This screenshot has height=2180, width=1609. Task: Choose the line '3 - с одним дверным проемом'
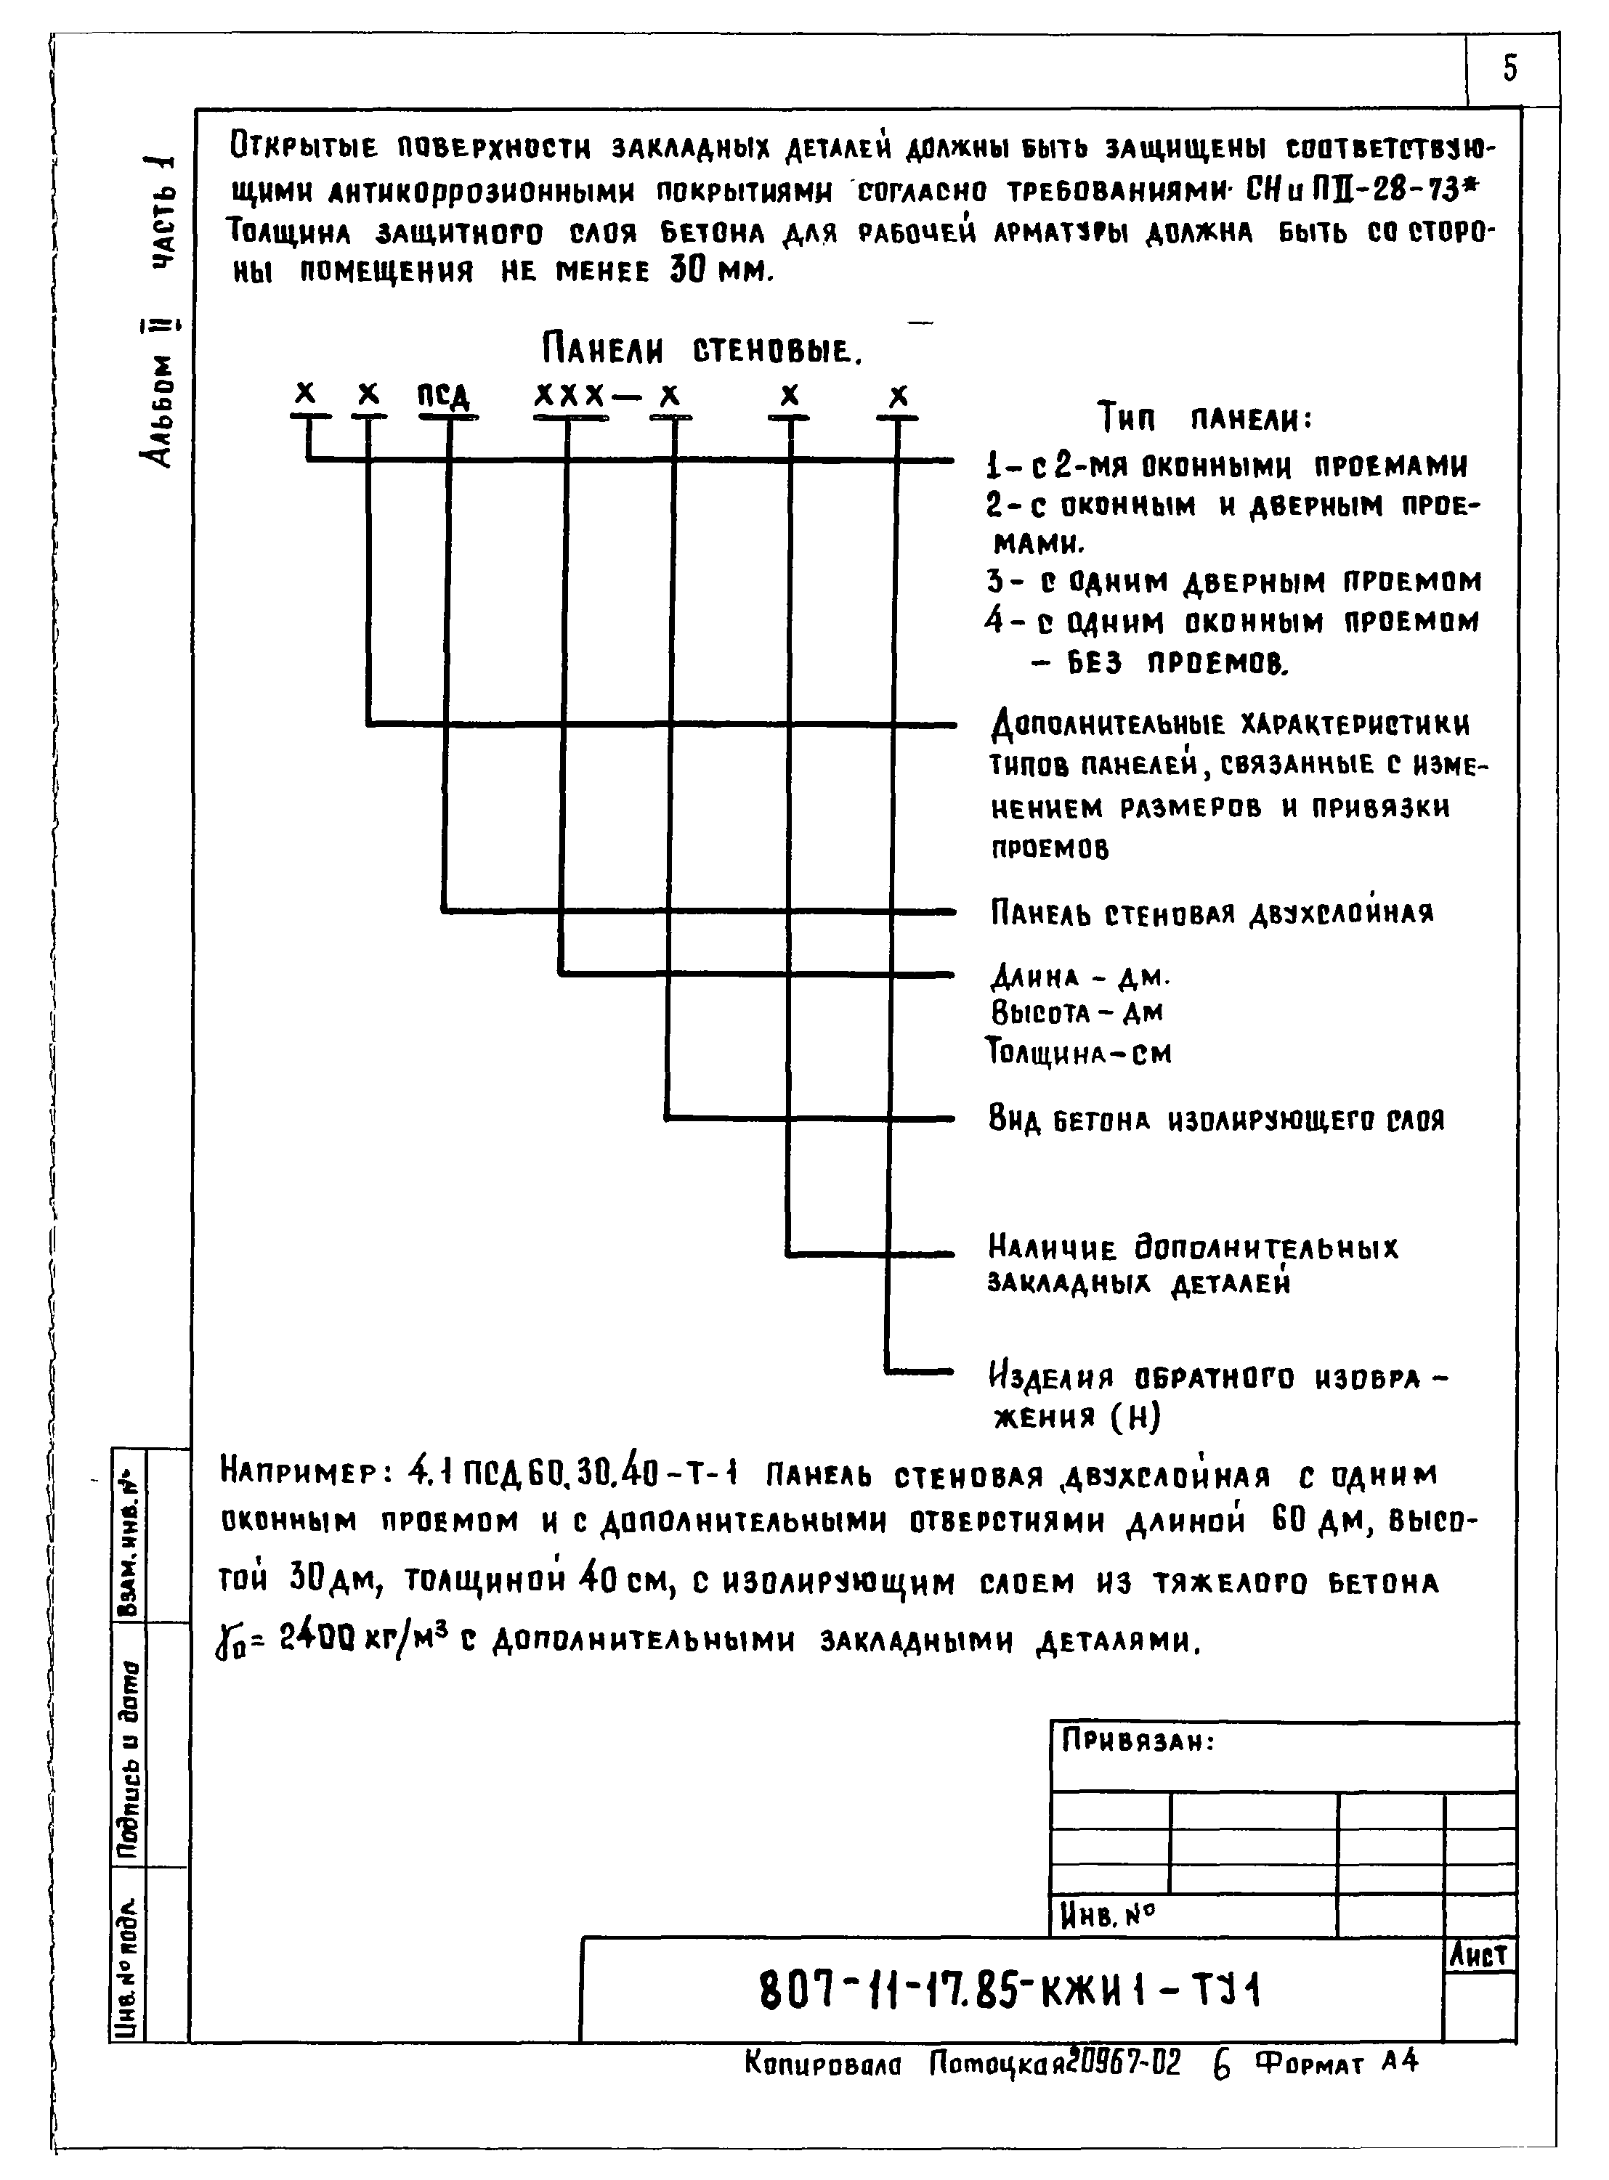coord(1233,582)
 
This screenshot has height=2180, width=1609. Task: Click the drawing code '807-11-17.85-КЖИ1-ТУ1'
coord(1010,1991)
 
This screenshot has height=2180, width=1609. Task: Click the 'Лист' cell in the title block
coord(1478,1954)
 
